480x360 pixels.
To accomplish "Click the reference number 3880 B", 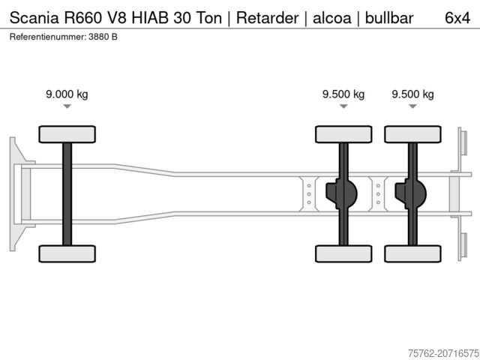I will coord(103,36).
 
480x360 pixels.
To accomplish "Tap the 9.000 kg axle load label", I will coord(67,94).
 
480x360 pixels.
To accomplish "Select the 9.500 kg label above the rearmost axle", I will coord(412,94).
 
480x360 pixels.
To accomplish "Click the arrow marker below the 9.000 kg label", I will coord(67,107).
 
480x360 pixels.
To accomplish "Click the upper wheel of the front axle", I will coord(67,134).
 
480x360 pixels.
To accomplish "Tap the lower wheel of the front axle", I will coord(67,253).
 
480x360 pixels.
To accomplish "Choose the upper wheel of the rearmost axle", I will coord(412,134).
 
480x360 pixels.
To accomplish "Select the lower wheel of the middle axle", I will coord(343,253).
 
